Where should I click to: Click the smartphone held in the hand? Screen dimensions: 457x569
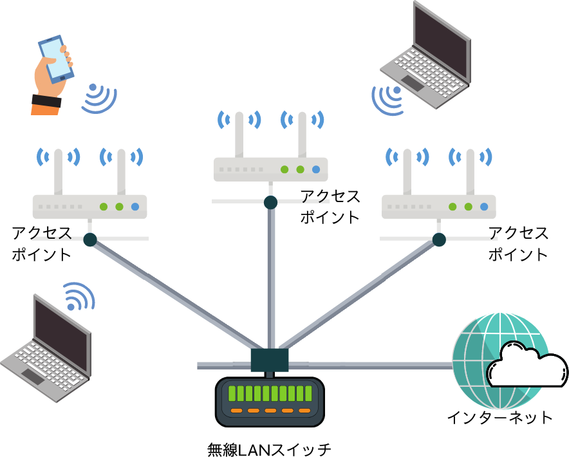click(56, 58)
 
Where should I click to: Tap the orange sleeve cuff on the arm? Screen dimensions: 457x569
click(45, 106)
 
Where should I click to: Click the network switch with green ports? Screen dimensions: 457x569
click(270, 401)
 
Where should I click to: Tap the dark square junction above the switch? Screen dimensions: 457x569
click(270, 360)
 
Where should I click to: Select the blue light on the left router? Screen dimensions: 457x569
click(135, 207)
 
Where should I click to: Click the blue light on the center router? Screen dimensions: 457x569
click(316, 169)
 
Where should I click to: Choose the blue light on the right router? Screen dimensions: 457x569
click(484, 207)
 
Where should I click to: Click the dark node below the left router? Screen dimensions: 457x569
click(90, 239)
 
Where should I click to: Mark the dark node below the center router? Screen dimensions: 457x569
click(270, 202)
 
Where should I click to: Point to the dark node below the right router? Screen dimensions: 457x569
click(439, 239)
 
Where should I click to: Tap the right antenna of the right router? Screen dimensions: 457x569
click(470, 171)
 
